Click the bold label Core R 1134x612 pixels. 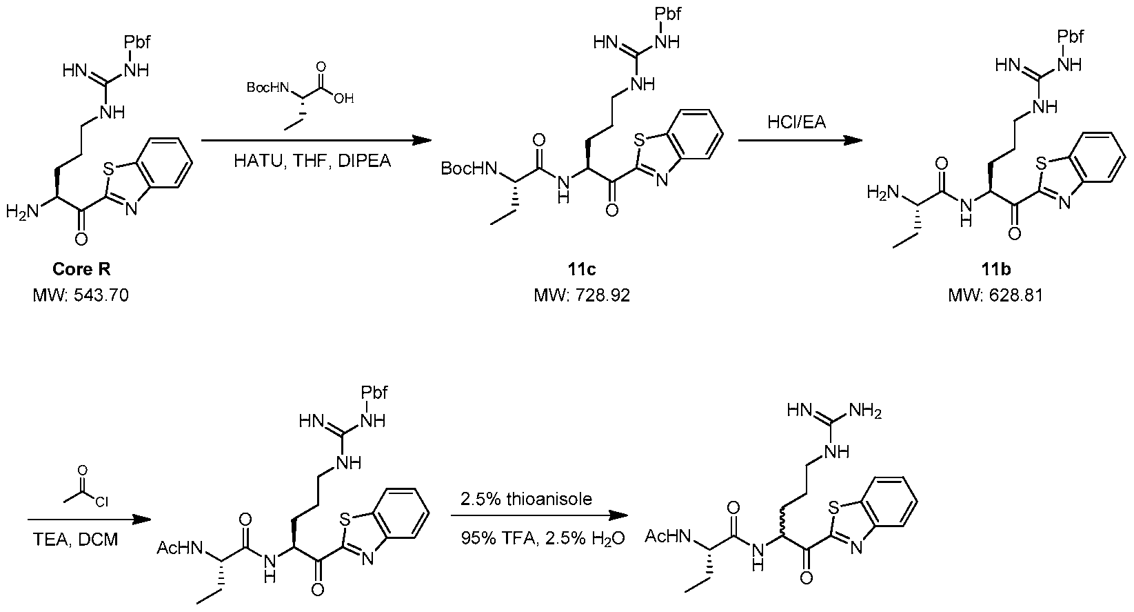tap(81, 269)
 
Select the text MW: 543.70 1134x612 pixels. tap(81, 295)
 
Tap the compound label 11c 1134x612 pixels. tap(582, 269)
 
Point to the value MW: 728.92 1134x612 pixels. tap(583, 295)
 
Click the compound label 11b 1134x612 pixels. tap(996, 269)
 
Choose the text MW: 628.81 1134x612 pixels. tap(996, 295)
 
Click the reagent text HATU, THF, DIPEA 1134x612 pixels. tap(312, 161)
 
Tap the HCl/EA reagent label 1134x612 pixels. tap(797, 122)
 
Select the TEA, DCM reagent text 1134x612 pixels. tap(75, 540)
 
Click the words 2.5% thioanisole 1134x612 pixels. tap(527, 499)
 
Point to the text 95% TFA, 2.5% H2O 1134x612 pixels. tap(543, 538)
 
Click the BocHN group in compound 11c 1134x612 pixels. tap(469, 168)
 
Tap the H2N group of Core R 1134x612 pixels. tap(22, 210)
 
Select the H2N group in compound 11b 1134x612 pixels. tap(883, 193)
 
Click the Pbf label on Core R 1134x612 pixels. tap(136, 41)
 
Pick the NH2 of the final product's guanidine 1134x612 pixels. tap(866, 411)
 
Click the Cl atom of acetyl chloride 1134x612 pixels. tap(101, 502)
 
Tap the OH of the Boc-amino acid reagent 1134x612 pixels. tap(344, 98)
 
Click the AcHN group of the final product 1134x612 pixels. tap(668, 536)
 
